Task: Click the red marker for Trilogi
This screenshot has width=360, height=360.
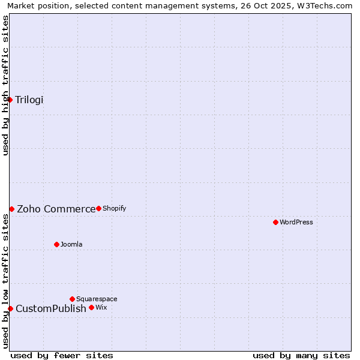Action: click(x=10, y=100)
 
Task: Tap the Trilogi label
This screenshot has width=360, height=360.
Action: click(x=29, y=100)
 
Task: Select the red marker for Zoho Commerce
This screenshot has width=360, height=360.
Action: click(x=11, y=209)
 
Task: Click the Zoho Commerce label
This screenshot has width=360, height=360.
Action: click(x=56, y=209)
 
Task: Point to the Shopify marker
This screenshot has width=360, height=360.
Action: click(x=98, y=208)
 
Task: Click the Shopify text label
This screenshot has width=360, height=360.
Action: click(x=114, y=208)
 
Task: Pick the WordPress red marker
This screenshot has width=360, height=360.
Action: click(x=275, y=222)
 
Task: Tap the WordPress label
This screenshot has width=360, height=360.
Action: click(x=296, y=222)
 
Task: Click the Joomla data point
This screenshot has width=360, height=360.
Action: click(x=56, y=244)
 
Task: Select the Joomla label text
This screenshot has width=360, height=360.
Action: click(x=71, y=244)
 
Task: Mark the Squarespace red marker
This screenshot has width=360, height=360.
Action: click(x=72, y=299)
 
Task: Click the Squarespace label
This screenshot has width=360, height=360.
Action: click(x=97, y=299)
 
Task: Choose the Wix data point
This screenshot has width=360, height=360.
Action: click(x=91, y=307)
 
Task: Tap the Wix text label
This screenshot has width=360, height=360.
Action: click(x=101, y=307)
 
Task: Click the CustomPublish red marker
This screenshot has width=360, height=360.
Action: click(x=10, y=308)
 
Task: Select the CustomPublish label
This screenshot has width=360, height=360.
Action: click(x=51, y=308)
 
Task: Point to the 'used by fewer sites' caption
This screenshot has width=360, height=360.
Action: click(x=62, y=355)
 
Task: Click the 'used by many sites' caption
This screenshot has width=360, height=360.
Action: click(x=301, y=355)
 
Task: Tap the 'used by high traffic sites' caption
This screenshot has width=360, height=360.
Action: click(x=5, y=85)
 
